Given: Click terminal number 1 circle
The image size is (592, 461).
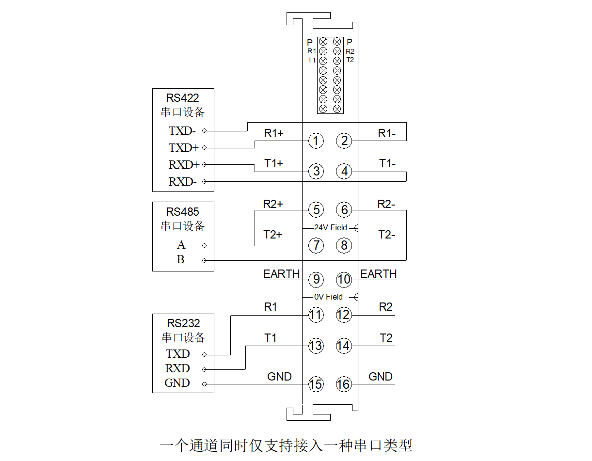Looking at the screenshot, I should pyautogui.click(x=316, y=141).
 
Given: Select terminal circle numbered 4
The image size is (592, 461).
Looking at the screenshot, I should pyautogui.click(x=344, y=172).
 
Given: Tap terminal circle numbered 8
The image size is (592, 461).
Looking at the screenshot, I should pyautogui.click(x=344, y=245).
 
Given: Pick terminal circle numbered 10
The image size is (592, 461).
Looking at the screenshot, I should pyautogui.click(x=344, y=280).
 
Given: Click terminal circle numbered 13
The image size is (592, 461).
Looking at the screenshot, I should pyautogui.click(x=316, y=346).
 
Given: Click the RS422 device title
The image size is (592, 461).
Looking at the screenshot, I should pyautogui.click(x=183, y=97).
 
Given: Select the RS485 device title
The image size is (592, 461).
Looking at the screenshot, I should pyautogui.click(x=183, y=212).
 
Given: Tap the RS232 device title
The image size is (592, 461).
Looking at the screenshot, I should pyautogui.click(x=183, y=323).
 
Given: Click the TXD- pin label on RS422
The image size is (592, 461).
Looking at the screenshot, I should pyautogui.click(x=182, y=131).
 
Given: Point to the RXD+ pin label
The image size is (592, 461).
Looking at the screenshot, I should pyautogui.click(x=184, y=165).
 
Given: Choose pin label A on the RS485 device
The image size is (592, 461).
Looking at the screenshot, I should pyautogui.click(x=181, y=245).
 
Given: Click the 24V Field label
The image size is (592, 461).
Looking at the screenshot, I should pyautogui.click(x=331, y=227).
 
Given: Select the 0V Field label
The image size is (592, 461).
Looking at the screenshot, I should pyautogui.click(x=328, y=297).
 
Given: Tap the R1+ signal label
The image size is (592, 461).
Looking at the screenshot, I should pyautogui.click(x=273, y=133).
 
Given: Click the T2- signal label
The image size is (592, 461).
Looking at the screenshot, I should pyautogui.click(x=386, y=235).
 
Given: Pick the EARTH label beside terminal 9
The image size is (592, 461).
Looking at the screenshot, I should pyautogui.click(x=282, y=274).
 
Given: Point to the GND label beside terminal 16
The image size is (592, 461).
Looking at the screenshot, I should pyautogui.click(x=381, y=377).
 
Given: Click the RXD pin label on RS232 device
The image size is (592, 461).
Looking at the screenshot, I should pyautogui.click(x=177, y=368).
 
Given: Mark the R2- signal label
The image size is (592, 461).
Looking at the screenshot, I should pyautogui.click(x=386, y=204).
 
